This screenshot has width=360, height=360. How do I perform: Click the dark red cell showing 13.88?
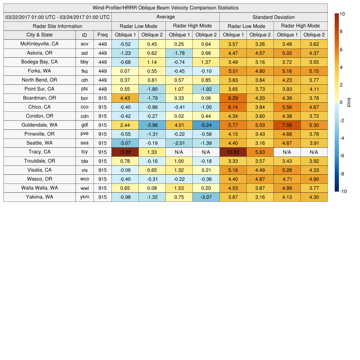125,152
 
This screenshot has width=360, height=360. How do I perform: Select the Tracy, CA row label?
39,152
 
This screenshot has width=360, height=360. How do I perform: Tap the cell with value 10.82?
233,152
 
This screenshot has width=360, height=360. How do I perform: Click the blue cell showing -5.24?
206,125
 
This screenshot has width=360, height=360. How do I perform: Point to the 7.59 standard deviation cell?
287,125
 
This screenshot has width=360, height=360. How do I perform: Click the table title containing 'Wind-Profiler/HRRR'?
165,8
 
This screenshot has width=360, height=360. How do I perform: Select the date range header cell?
58,17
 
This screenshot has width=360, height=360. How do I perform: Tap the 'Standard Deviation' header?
274,17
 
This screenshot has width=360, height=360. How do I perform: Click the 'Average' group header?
165,17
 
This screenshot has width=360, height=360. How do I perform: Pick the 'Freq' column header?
102,35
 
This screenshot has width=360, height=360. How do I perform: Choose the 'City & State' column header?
39,35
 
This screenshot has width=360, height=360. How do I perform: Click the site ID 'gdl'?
84,125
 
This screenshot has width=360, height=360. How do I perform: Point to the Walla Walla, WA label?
39,188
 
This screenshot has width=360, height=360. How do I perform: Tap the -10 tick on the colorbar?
343,192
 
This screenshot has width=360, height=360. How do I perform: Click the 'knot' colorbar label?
349,102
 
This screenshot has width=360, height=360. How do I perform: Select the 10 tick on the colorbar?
342,14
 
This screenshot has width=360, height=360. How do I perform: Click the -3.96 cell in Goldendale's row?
152,125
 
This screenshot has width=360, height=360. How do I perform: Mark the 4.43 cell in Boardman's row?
125,98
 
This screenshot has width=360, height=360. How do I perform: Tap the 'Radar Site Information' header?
58,26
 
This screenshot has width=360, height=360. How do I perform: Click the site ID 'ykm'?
84,197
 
